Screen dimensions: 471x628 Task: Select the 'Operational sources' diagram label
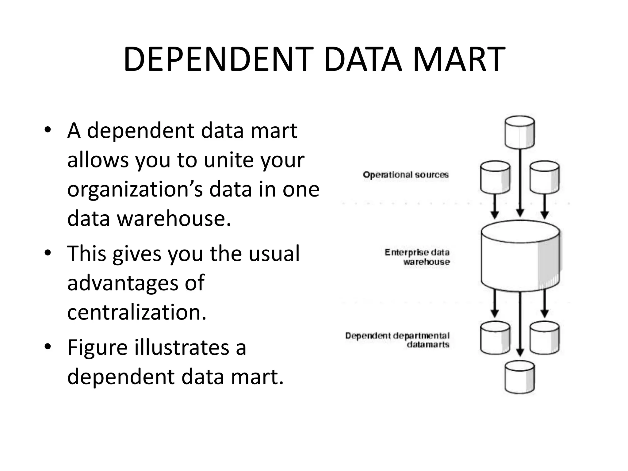click(405, 175)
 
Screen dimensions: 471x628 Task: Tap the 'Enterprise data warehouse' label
click(417, 257)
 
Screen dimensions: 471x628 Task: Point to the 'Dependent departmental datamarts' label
click(397, 340)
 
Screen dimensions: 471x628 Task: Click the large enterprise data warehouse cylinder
click(520, 256)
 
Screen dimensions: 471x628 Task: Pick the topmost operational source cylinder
click(520, 132)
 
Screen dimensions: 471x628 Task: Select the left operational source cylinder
click(495, 177)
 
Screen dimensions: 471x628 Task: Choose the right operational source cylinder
click(545, 177)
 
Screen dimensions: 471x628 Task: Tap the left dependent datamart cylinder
click(495, 337)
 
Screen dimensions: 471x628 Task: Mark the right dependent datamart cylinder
click(545, 337)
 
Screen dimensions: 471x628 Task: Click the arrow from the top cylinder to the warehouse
click(520, 184)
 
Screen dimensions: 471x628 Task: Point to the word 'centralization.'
click(137, 312)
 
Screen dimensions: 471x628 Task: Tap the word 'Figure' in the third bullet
click(97, 348)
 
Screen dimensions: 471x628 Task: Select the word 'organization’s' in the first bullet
click(135, 189)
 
